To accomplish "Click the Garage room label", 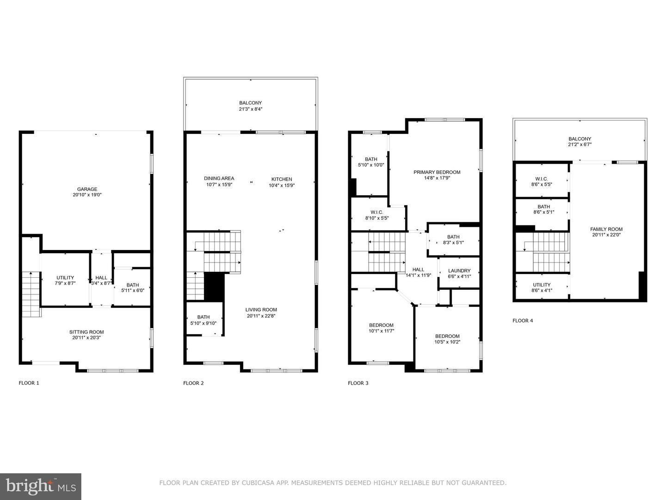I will pos(87,189).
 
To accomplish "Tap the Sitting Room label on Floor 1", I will pos(86,332).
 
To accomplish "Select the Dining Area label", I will pos(219,179).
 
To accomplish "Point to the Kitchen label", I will pos(282,179).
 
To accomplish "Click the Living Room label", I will pos(261,310).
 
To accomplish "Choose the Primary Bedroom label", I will pos(437,172).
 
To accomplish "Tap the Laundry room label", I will pos(459,271).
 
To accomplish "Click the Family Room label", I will pos(606,229).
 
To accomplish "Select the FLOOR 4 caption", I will pos(523,320).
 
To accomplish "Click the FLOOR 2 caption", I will pos(193,383).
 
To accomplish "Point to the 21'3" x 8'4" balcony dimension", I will pos(250,109).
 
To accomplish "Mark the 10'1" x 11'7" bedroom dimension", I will pos(381,331).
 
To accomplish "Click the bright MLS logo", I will pos(41,486).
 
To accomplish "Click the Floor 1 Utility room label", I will pos(65,278).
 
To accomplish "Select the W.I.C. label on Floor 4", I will pos(541,179).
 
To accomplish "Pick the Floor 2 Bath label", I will pos(203,317).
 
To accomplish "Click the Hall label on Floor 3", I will pos(418,269).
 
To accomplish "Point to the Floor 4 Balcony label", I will pos(580,139).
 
